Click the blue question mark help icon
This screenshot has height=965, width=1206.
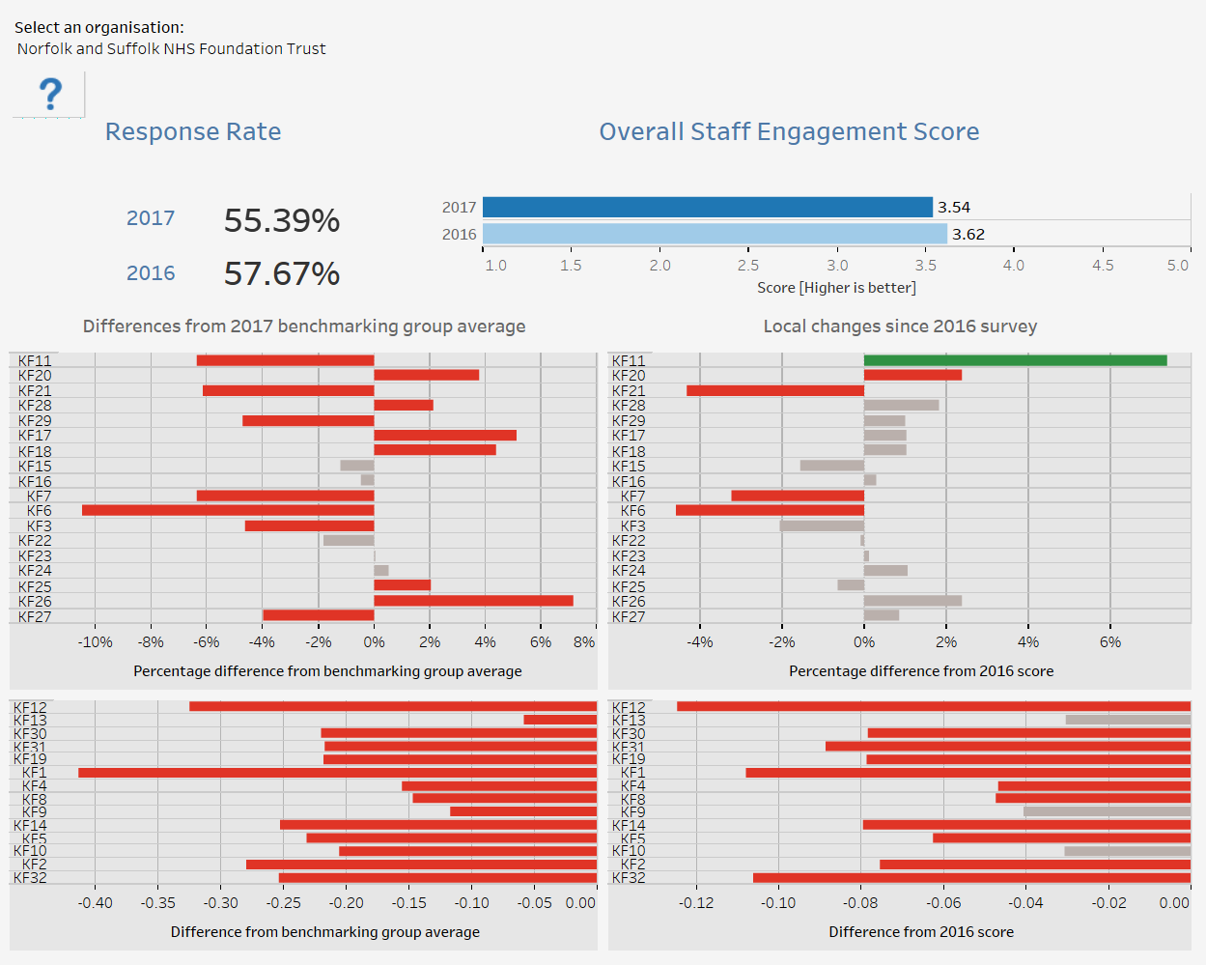tap(50, 94)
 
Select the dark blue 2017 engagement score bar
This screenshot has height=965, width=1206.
tap(707, 207)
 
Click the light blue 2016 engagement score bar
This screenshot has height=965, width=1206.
tap(715, 234)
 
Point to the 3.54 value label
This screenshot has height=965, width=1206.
tap(954, 208)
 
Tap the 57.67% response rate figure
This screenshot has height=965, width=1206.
tap(282, 273)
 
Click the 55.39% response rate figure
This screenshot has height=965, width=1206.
tap(282, 220)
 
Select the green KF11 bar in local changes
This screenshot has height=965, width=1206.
tap(1016, 360)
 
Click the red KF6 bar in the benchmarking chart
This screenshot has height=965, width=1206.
tap(228, 510)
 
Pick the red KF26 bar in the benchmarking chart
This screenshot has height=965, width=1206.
tap(473, 601)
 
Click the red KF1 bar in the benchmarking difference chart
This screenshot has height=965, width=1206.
tap(337, 773)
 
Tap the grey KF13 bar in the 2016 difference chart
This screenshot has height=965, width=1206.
tap(1128, 720)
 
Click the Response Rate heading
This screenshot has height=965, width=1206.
tap(193, 131)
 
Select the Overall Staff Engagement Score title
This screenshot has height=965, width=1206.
tap(789, 132)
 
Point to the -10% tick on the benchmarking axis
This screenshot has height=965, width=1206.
tap(96, 642)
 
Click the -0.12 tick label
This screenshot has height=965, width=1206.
tap(696, 903)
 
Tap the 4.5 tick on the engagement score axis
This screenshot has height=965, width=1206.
tap(1103, 266)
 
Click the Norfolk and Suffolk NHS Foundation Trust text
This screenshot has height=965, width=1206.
tap(172, 49)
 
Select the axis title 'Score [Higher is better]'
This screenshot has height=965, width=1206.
tap(837, 288)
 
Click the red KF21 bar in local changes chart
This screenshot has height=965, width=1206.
tap(775, 390)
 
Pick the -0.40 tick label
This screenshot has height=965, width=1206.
tap(96, 903)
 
